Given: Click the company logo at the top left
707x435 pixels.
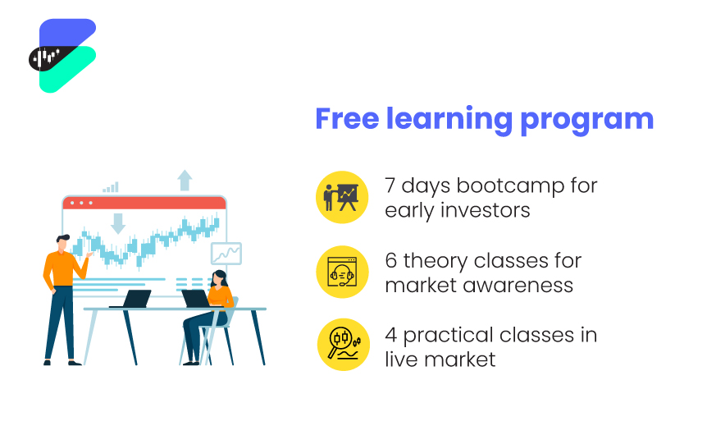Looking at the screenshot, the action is [x=62, y=56].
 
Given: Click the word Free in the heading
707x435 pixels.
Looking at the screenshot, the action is [x=347, y=119].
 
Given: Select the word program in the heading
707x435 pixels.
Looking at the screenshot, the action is [x=586, y=121].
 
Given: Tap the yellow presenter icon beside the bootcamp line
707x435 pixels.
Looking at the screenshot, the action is [x=342, y=197].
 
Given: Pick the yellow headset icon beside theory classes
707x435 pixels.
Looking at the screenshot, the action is [x=342, y=272].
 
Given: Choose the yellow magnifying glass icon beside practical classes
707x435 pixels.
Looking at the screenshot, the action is [x=344, y=345].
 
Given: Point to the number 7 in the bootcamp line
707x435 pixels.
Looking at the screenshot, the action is [x=390, y=185].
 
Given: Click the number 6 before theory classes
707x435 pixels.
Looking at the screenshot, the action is [x=391, y=261].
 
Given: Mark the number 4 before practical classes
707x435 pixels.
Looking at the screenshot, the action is [x=391, y=335].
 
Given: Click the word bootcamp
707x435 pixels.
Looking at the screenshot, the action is [x=510, y=185].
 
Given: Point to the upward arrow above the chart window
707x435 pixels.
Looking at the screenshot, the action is [x=185, y=180].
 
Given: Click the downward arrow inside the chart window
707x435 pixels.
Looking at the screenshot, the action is [x=118, y=224].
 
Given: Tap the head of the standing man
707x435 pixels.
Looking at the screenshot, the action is [x=62, y=242].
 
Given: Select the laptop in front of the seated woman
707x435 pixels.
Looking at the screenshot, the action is [x=196, y=299].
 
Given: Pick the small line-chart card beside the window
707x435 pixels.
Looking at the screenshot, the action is [x=226, y=254].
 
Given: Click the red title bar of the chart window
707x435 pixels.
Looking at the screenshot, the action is [x=144, y=203].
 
